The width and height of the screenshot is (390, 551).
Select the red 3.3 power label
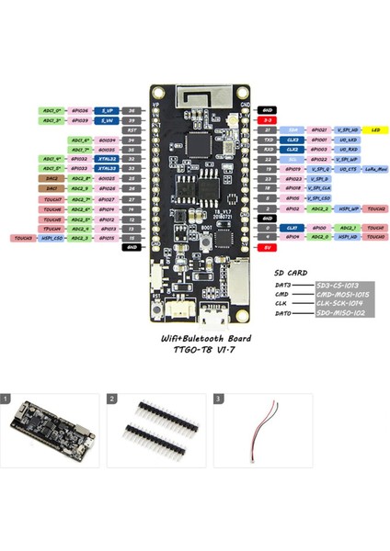coord(267,120)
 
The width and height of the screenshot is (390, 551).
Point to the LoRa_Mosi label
coord(375,170)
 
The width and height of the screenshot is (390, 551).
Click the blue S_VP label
coord(108,109)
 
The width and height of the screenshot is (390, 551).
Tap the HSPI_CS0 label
coord(52,237)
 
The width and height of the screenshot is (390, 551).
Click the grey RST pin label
coord(132,130)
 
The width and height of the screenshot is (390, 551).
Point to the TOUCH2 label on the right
coord(375,209)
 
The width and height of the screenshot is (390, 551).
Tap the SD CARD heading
coord(292,273)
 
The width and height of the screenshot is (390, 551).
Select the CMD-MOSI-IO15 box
coord(342,294)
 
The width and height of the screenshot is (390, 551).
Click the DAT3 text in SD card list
coord(283,285)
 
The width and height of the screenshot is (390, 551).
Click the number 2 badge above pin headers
coord(112,399)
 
